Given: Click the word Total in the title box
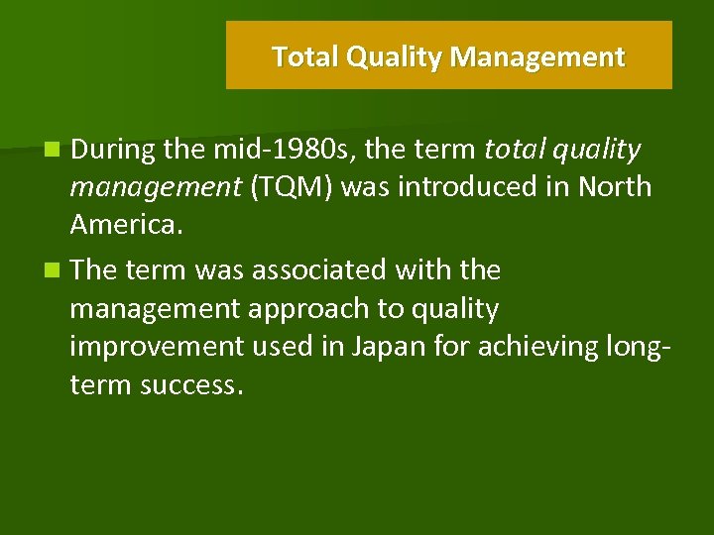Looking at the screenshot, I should click(x=305, y=57).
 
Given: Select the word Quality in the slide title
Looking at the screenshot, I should click(x=394, y=57).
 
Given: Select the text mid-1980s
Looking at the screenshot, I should click(x=284, y=150).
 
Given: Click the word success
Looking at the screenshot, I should click(x=190, y=384).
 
